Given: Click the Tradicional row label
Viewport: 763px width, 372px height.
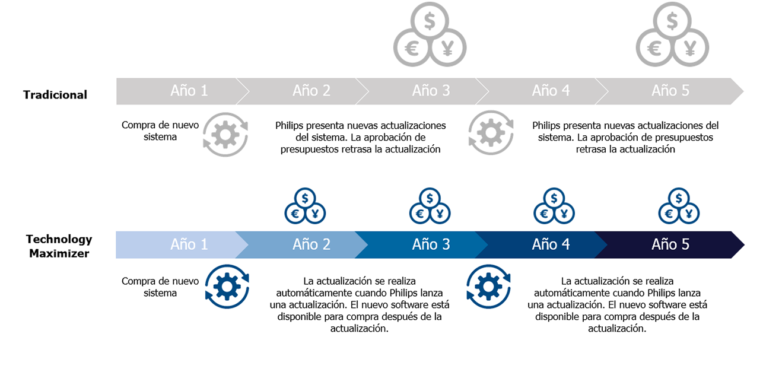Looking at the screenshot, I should coord(55,94).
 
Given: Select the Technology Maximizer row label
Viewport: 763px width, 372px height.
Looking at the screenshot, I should coord(59,246).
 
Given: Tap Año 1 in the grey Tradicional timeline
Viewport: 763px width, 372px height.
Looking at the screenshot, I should coord(189,91).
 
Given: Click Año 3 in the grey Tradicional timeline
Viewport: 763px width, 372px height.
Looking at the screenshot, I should coord(431,91).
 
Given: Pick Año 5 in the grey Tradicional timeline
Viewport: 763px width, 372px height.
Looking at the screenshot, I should coord(670,91).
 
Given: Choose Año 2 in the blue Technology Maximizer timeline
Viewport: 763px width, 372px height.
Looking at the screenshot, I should coord(311,244).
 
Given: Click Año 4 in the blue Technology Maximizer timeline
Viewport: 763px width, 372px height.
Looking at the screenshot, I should coord(551,244).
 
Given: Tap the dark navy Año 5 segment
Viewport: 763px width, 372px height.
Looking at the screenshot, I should coord(670,244).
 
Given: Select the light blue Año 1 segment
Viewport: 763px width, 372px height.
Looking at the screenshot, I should coord(189,244).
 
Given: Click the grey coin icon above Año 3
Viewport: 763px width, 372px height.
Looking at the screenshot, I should coord(430,35).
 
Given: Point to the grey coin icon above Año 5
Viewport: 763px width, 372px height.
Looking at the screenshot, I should coord(672,35).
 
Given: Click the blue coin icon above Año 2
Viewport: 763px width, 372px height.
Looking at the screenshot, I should coord(305,206).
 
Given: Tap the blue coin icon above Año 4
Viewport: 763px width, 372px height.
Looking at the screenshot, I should coord(554,206).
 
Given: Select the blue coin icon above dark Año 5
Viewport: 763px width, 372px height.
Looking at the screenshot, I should coord(679,206).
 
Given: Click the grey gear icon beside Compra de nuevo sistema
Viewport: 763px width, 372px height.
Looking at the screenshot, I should coord(225,135).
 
